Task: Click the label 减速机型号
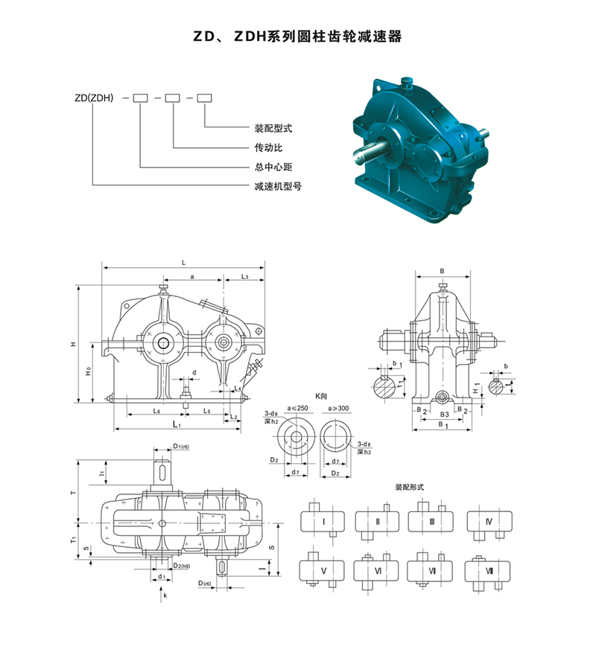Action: click(273, 185)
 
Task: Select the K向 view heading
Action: click(321, 399)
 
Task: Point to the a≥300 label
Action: click(340, 409)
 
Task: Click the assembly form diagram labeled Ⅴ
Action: click(322, 571)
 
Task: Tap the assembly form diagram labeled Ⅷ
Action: click(489, 571)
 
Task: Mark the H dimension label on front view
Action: click(72, 344)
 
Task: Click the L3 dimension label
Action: click(244, 276)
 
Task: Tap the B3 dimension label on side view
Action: click(443, 411)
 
